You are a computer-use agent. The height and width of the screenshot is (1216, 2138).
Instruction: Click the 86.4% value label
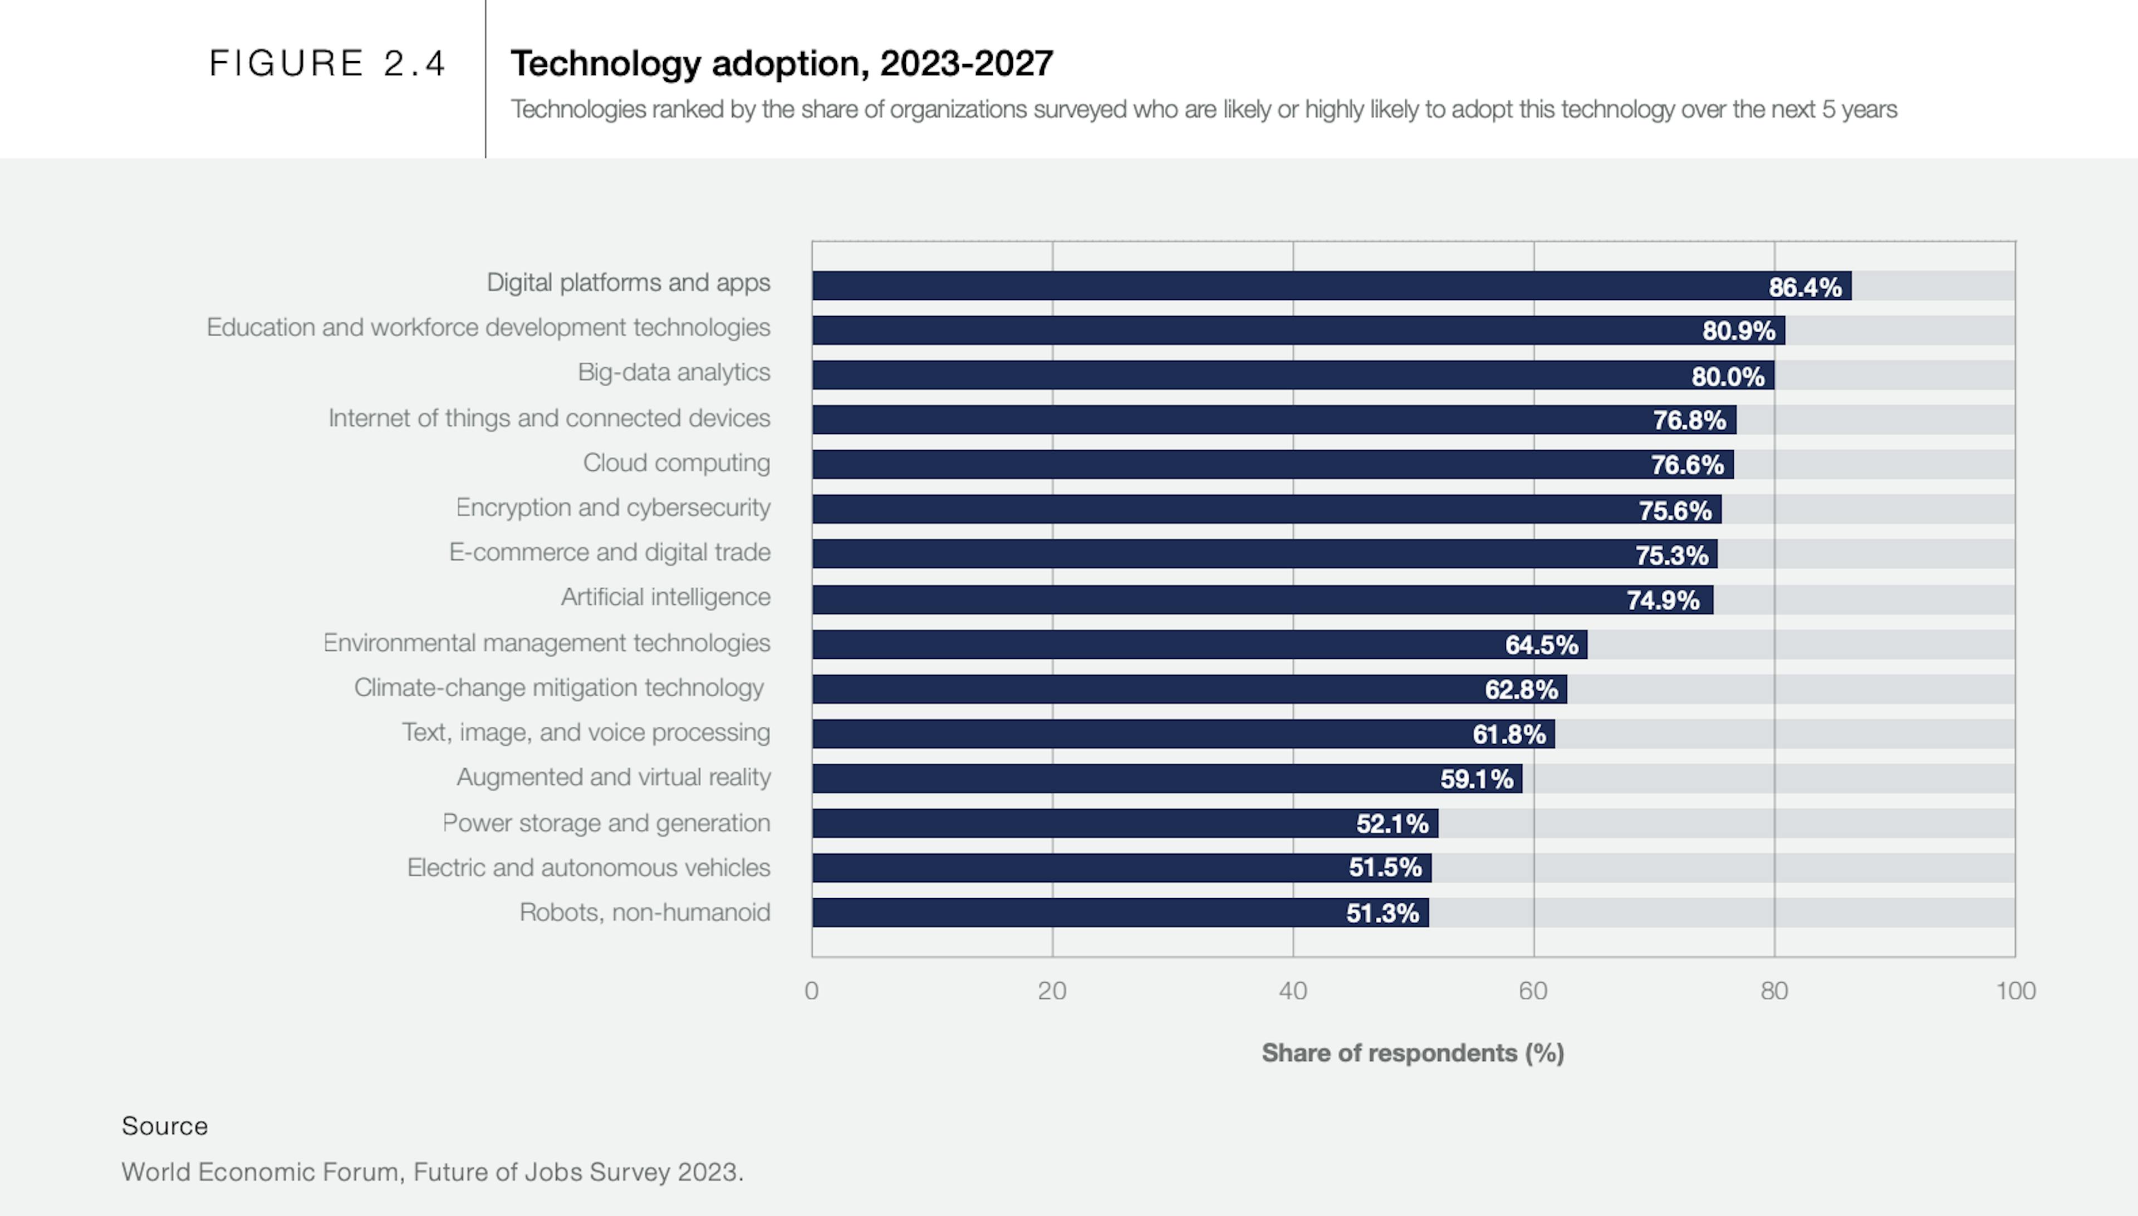[1804, 287]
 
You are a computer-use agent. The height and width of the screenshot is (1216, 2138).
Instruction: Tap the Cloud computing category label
[676, 462]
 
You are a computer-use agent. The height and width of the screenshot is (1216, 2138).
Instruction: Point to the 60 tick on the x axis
[1533, 991]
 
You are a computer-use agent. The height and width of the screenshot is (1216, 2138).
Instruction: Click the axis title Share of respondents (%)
[1412, 1053]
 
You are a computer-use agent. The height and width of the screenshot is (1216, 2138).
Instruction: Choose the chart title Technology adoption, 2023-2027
[781, 63]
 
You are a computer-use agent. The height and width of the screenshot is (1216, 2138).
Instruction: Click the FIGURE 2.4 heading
[327, 63]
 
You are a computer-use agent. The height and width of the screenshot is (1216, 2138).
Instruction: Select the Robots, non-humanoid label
[644, 912]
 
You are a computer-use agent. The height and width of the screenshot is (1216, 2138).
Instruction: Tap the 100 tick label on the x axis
[2015, 991]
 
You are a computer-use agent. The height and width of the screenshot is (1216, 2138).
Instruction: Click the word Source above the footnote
[165, 1126]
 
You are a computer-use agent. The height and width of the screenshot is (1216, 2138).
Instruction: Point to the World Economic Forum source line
[432, 1171]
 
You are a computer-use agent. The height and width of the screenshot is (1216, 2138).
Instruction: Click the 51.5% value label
[1384, 868]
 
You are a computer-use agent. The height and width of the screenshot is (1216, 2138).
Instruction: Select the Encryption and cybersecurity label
[612, 508]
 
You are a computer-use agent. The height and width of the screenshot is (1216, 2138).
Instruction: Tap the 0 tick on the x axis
[811, 991]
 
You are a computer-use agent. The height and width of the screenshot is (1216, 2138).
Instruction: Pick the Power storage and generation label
[606, 823]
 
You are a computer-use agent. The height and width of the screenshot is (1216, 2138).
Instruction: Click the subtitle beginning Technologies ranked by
[1203, 110]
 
